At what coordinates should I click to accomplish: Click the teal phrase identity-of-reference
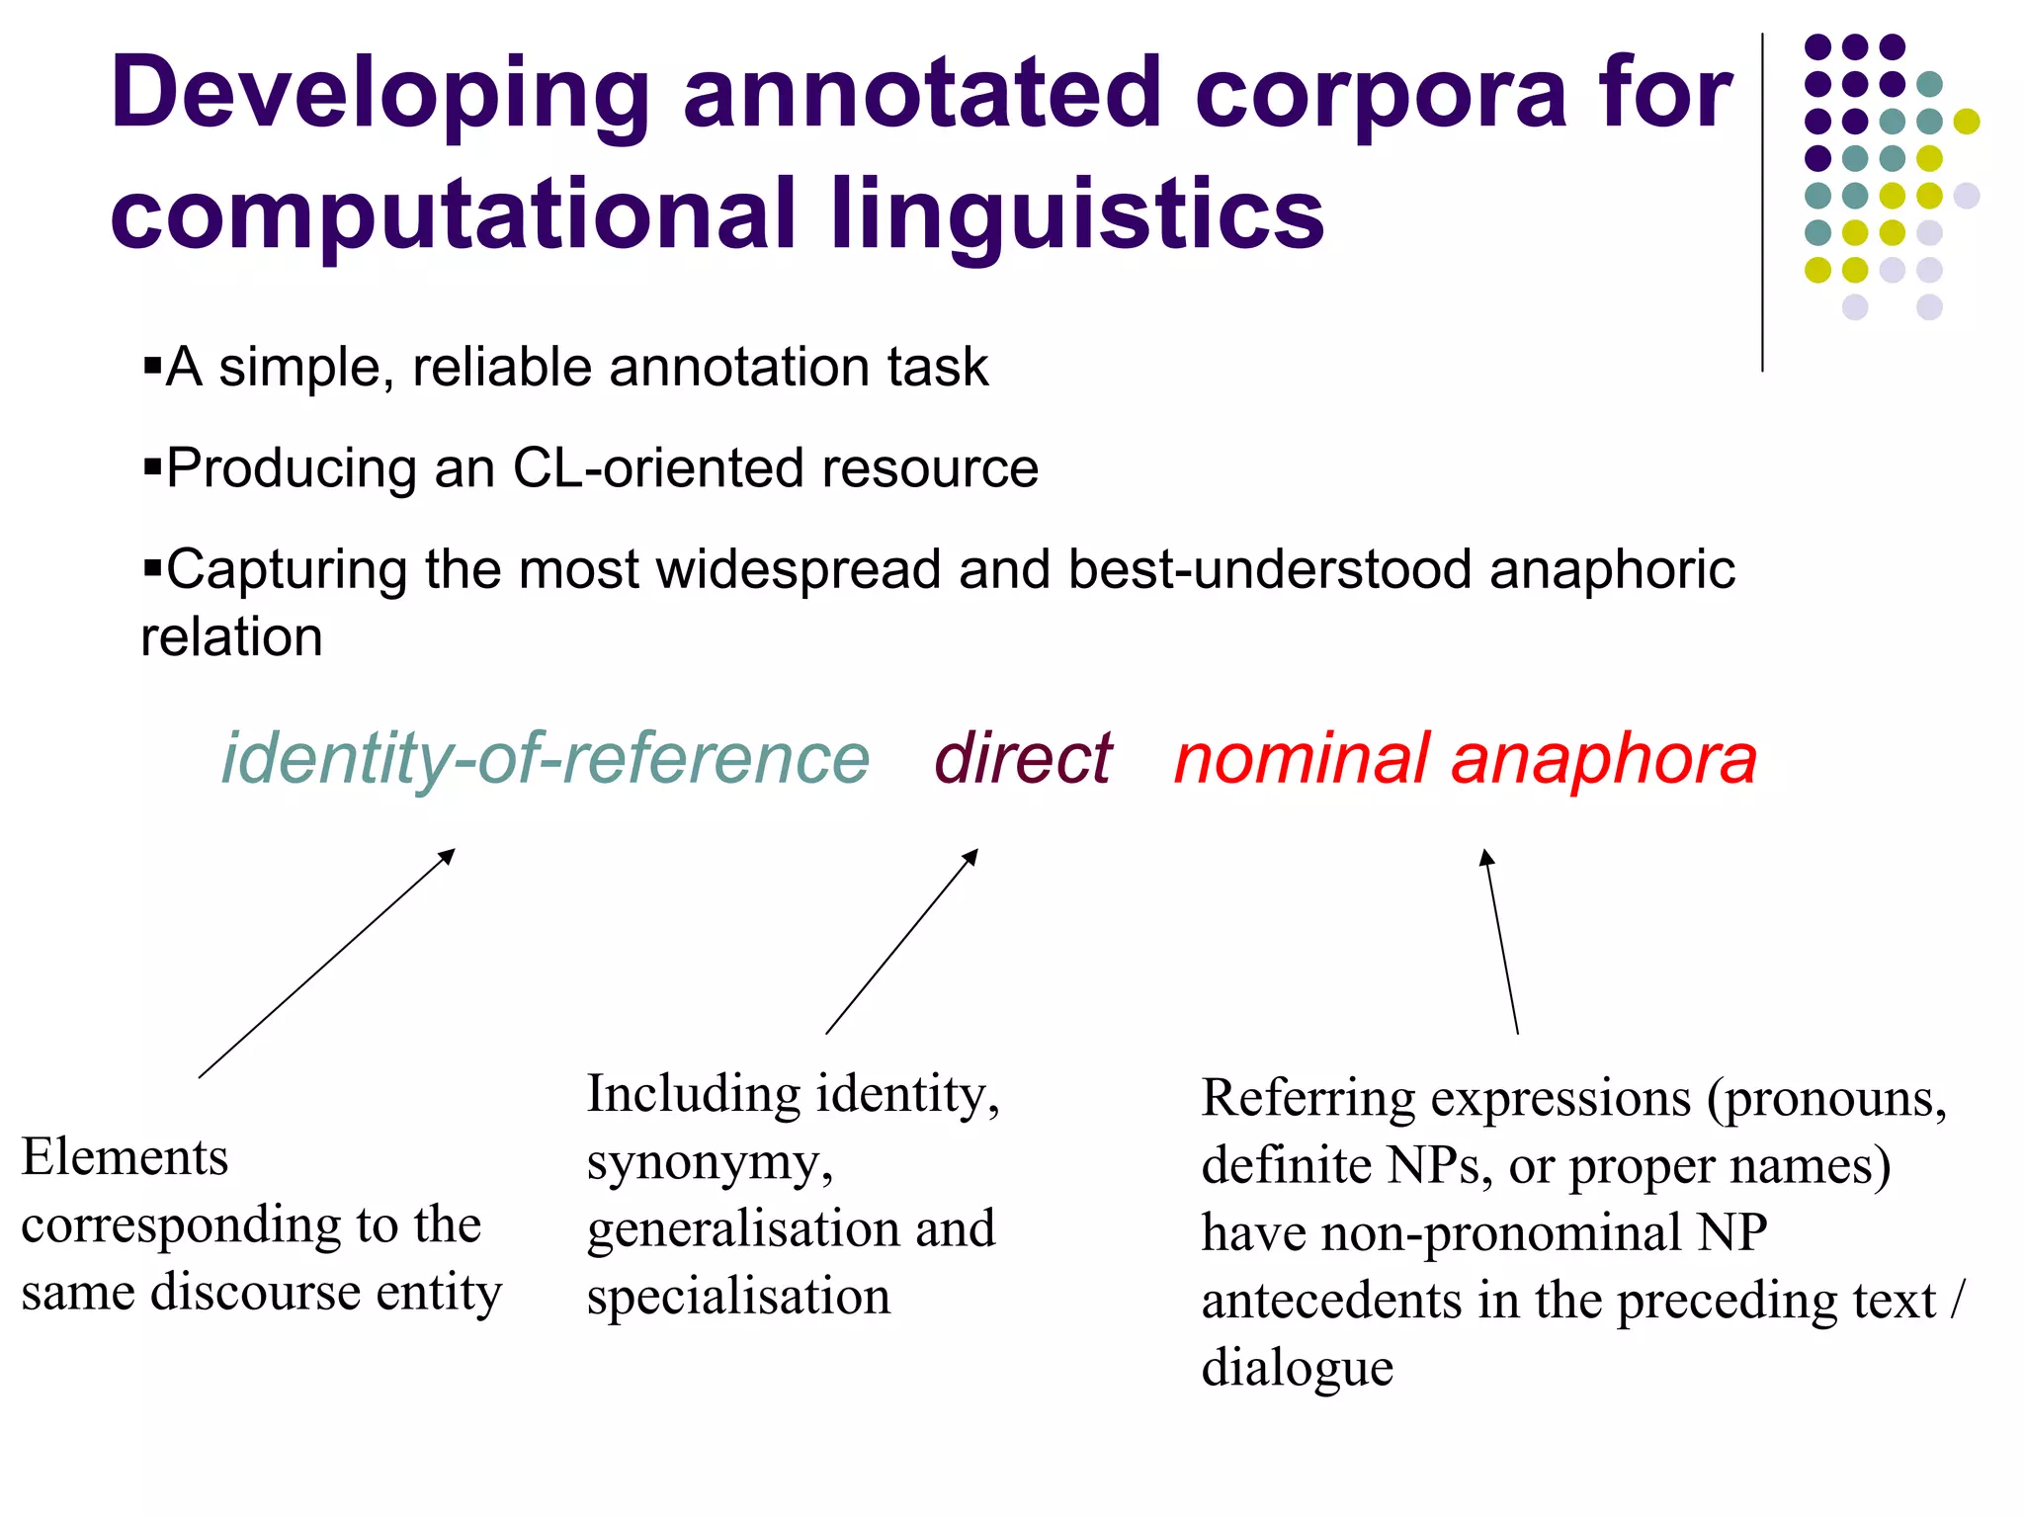tap(545, 759)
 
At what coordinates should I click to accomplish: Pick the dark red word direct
tap(1023, 759)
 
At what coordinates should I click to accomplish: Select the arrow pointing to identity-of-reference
tap(326, 964)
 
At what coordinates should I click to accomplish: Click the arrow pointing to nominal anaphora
tap(1501, 942)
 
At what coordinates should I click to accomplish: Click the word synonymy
tap(709, 1162)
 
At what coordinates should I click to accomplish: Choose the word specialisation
tap(738, 1297)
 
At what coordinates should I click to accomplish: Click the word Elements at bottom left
tap(125, 1157)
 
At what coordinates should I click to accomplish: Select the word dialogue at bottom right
tap(1297, 1368)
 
